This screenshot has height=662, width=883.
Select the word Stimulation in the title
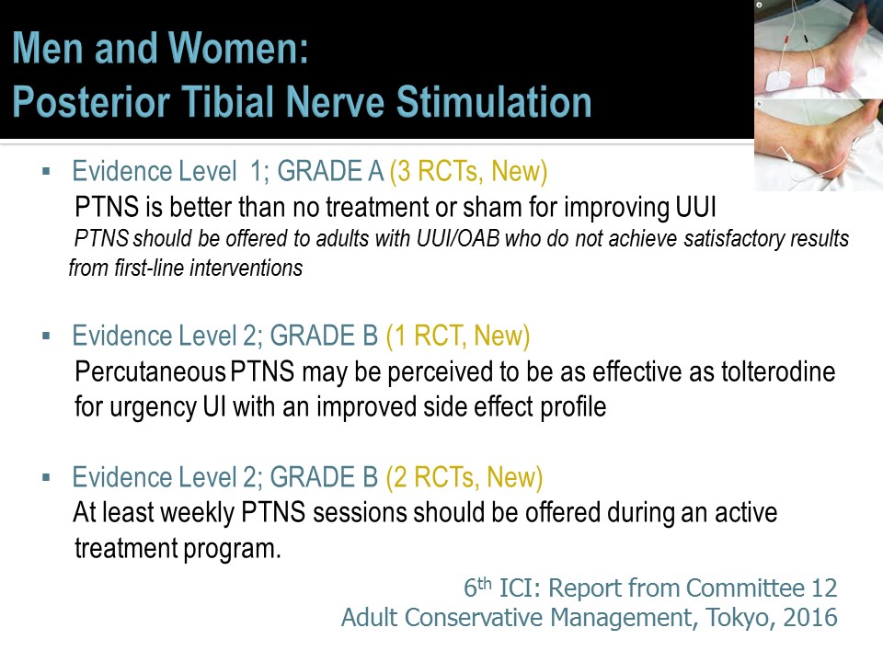pos(494,102)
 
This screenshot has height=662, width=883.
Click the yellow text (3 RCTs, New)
pos(468,171)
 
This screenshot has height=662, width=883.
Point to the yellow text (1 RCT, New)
pos(458,336)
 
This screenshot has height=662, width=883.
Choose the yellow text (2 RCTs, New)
pos(464,477)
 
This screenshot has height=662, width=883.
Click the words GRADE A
pos(330,171)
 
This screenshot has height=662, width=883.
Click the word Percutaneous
pos(150,372)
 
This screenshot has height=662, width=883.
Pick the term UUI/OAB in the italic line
pos(458,239)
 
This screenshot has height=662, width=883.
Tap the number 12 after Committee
pos(824,588)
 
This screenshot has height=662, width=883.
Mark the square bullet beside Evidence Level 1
pos(46,172)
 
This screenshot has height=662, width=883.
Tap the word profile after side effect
pos(573,407)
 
